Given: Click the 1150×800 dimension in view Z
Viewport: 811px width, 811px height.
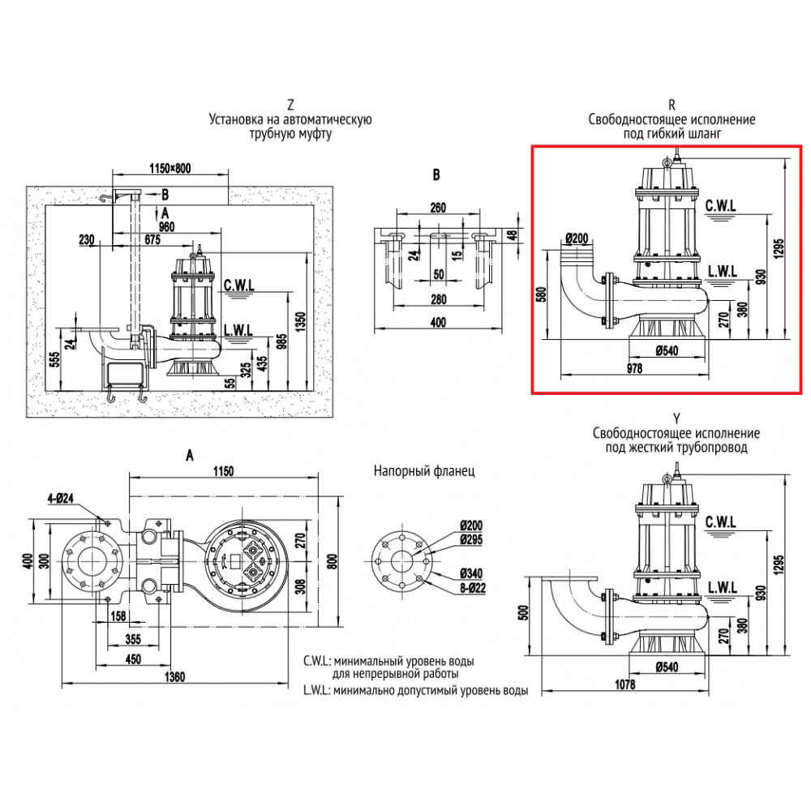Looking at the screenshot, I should (x=170, y=169).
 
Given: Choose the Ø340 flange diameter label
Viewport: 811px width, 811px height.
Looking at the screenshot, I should (x=471, y=573).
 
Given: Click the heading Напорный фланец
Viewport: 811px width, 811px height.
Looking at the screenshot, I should (x=424, y=470).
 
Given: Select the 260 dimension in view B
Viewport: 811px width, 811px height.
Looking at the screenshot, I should (x=438, y=208).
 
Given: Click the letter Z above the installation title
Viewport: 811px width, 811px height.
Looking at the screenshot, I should (x=290, y=105).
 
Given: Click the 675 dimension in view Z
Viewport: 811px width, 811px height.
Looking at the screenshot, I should (x=152, y=238).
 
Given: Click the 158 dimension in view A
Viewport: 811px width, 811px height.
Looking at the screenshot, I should (x=118, y=616).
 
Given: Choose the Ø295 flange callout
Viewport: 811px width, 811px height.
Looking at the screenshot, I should (x=471, y=539).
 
